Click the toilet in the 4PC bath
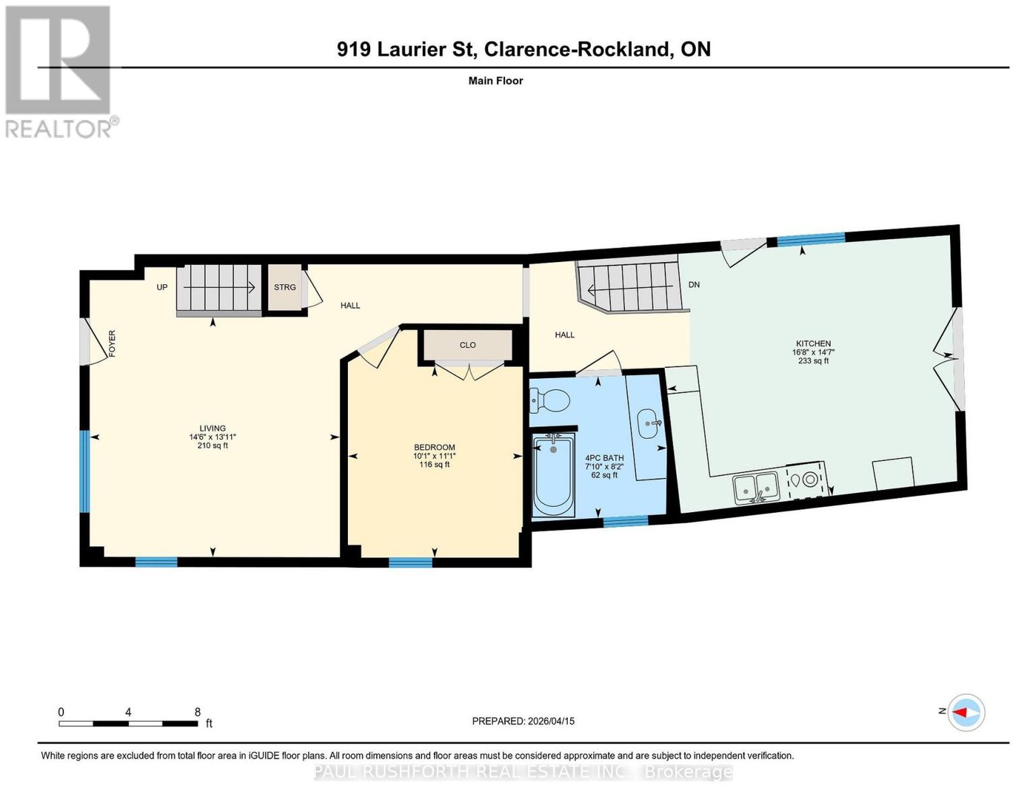549,400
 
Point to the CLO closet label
467,345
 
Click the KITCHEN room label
813,343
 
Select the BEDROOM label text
434,448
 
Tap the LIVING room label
212,428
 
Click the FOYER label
112,344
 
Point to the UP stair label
162,287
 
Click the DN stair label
694,285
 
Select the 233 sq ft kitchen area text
813,360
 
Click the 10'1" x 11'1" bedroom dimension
434,456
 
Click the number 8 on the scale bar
197,712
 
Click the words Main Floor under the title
496,80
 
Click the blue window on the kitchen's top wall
811,239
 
